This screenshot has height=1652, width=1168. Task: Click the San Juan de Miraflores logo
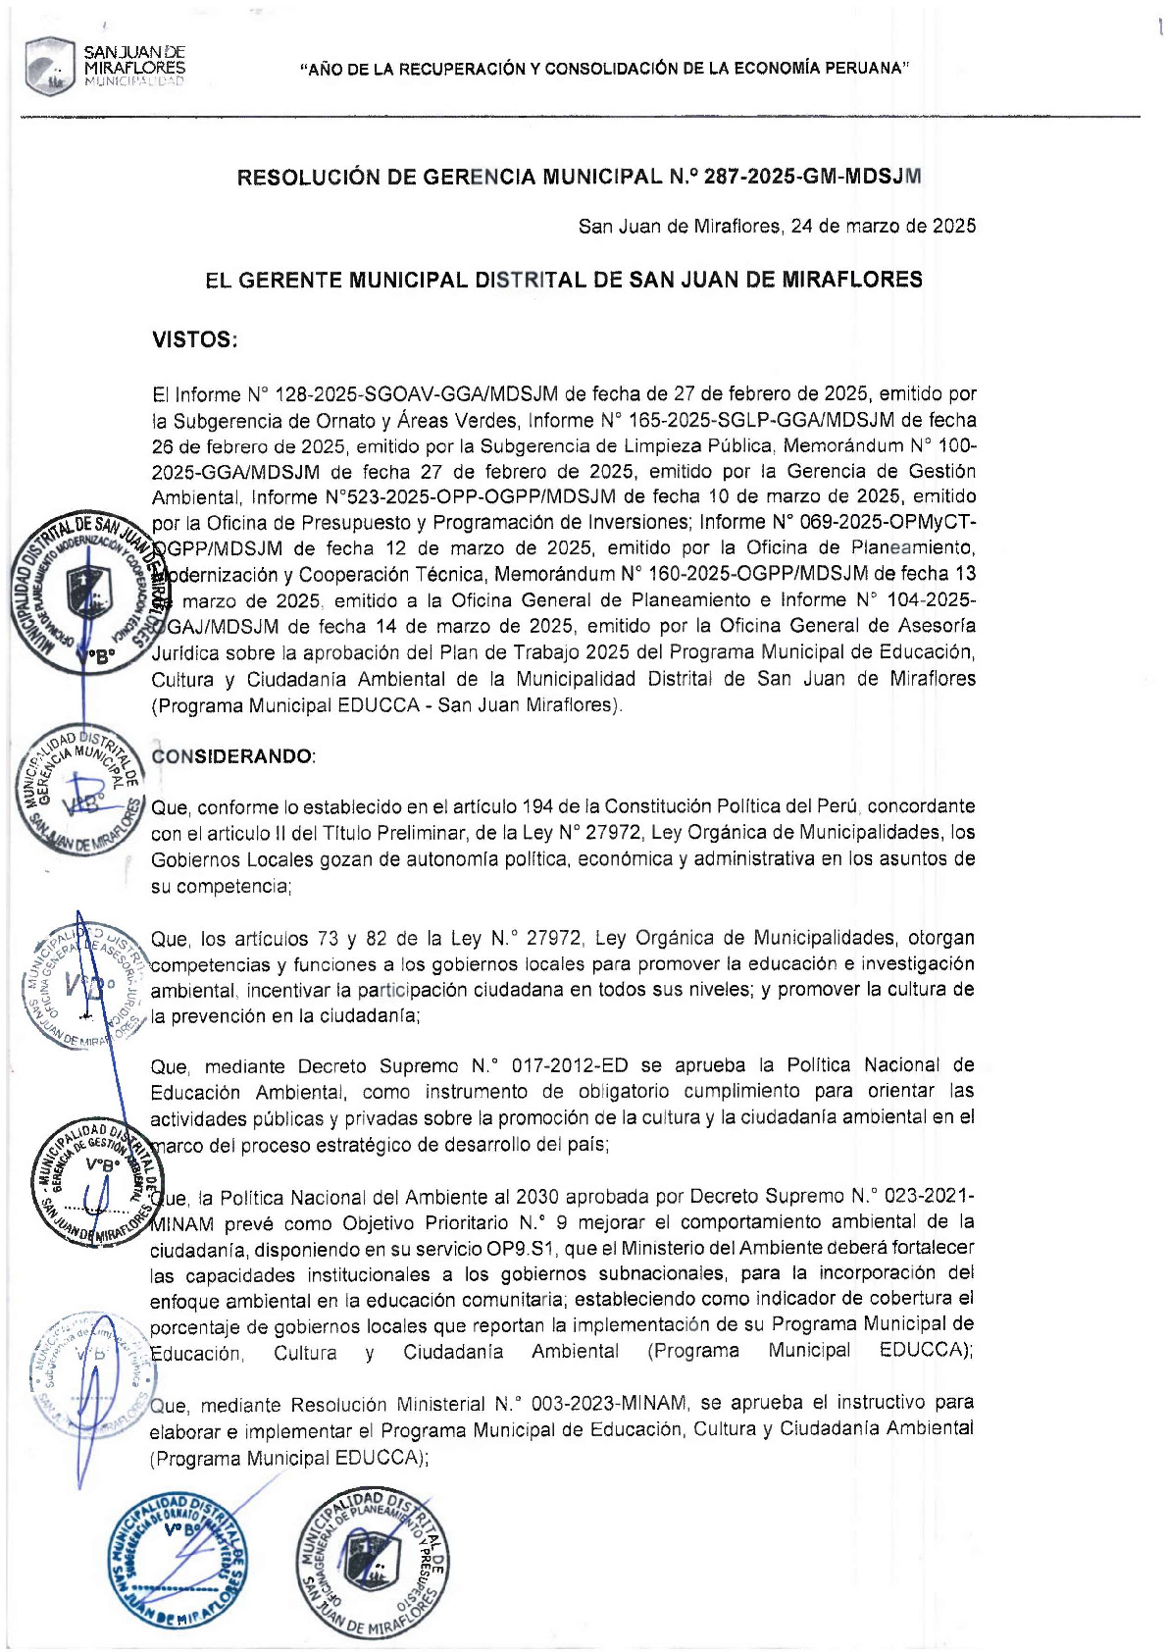point(104,66)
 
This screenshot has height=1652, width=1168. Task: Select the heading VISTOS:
point(195,339)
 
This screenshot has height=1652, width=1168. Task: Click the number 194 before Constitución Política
point(537,806)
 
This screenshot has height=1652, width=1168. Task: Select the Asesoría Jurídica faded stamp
point(84,985)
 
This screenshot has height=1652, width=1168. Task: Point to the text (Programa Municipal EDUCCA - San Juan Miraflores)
point(386,705)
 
